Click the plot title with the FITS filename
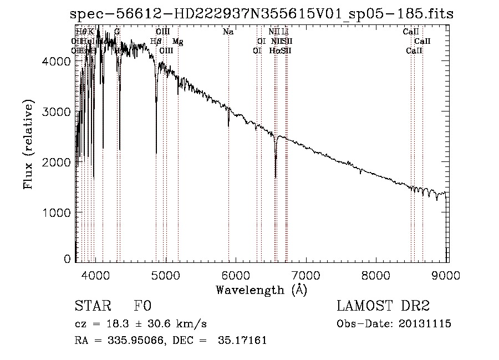[262, 14]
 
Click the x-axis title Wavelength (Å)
[261, 289]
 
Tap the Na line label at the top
[228, 32]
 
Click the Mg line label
[177, 42]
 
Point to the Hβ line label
[156, 42]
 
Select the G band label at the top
[117, 32]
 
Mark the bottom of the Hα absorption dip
[276, 177]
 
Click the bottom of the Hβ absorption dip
[156, 153]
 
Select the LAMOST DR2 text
[383, 306]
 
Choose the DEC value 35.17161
[244, 341]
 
